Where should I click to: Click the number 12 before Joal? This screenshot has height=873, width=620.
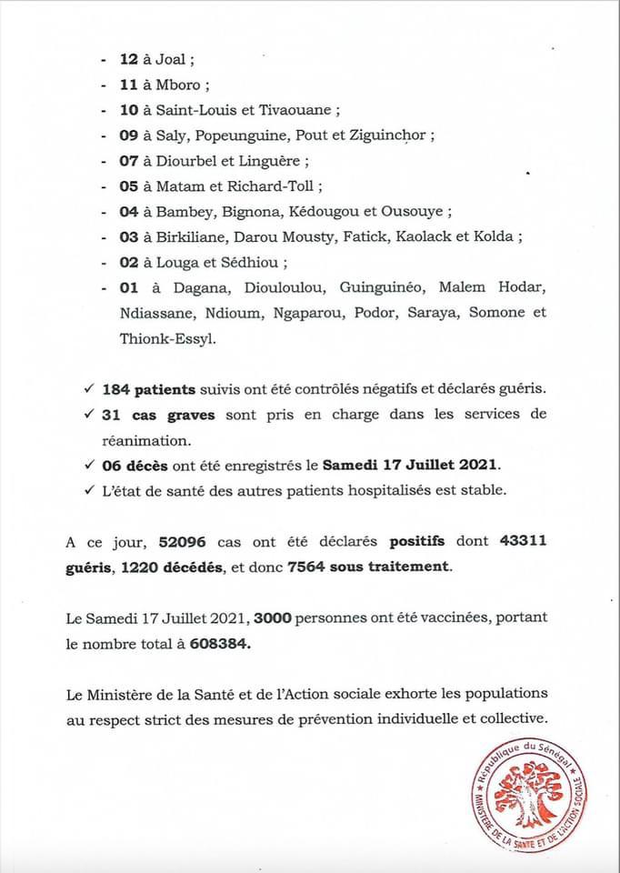pyautogui.click(x=128, y=59)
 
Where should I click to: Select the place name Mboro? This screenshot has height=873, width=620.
pyautogui.click(x=181, y=85)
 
